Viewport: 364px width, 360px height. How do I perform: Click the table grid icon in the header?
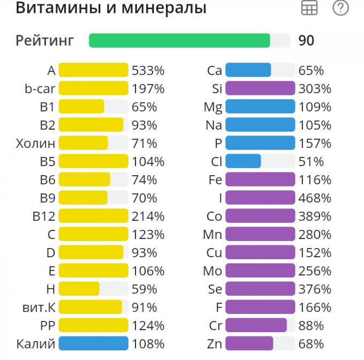click(309, 7)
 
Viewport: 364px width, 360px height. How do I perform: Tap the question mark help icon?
click(340, 7)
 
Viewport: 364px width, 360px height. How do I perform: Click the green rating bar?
click(179, 41)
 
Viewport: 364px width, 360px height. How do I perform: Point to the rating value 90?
click(306, 41)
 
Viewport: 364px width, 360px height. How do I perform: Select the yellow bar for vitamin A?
click(93, 70)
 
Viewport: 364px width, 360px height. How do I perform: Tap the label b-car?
click(40, 88)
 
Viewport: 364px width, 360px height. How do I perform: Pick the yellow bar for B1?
click(81, 107)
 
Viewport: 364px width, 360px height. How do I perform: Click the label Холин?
click(36, 143)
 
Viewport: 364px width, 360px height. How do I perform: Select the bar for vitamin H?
click(79, 289)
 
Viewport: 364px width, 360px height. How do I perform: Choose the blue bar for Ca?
click(248, 70)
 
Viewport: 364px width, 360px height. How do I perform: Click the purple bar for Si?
click(260, 88)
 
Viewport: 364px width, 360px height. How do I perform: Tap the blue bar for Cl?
click(243, 161)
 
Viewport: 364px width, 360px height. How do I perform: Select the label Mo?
click(213, 271)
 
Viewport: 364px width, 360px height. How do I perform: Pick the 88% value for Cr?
click(312, 326)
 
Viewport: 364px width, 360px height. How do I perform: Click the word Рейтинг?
click(45, 41)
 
